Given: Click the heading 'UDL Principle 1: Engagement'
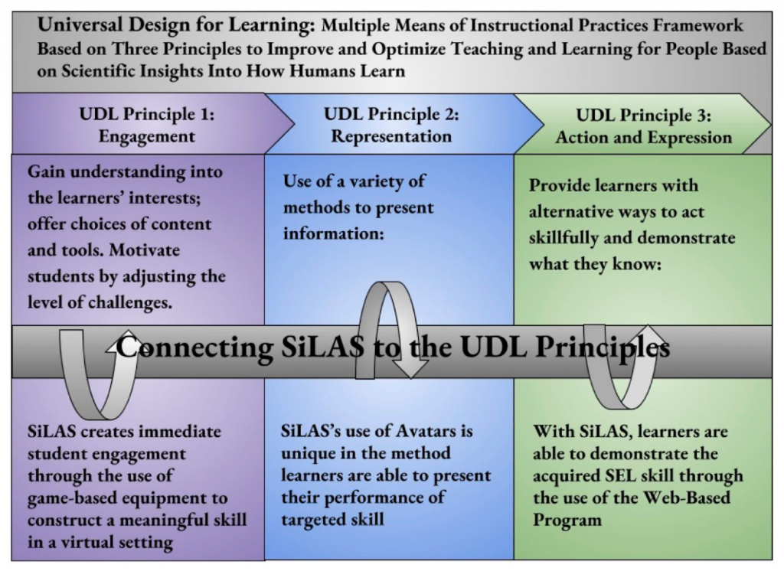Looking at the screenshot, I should tap(147, 126).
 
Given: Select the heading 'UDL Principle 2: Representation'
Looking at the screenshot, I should tap(391, 126).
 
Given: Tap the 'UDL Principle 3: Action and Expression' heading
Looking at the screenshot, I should tap(643, 127).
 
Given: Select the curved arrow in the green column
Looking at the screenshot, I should tap(620, 367).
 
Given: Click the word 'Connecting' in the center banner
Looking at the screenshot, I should tap(194, 348).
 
